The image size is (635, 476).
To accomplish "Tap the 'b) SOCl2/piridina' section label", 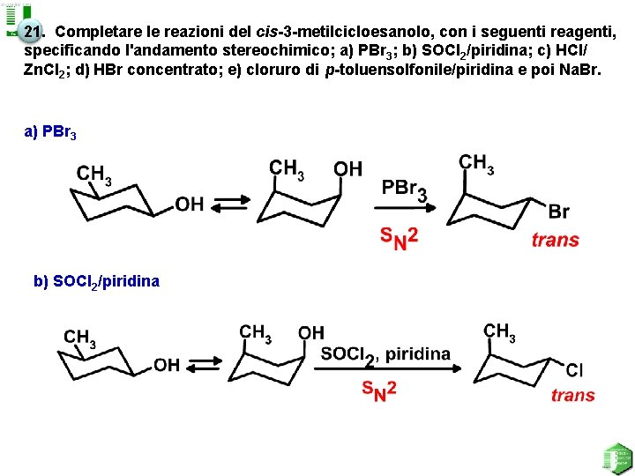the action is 96,282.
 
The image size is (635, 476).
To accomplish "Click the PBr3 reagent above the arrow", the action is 403,190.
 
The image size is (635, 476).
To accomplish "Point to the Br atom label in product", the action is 558,212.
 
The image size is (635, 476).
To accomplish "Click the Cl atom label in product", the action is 574,370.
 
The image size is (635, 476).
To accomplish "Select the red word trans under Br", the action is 555,240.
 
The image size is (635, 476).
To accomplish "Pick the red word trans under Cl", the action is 572,395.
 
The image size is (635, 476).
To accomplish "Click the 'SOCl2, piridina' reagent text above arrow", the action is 385,354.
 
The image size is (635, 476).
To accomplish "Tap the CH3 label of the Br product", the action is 476,164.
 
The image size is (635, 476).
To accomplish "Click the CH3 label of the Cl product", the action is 499,332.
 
